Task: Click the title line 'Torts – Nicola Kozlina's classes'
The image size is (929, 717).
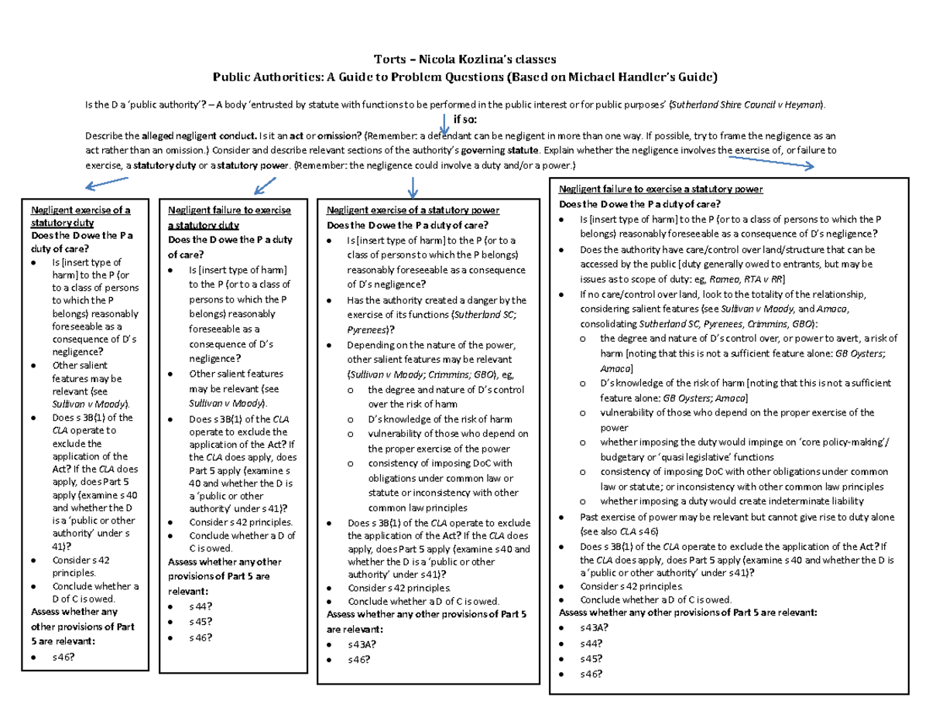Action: [x=464, y=59]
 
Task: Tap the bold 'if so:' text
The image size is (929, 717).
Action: [x=466, y=118]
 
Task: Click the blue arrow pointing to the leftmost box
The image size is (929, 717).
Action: [x=106, y=183]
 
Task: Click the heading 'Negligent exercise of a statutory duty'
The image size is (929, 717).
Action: [x=79, y=217]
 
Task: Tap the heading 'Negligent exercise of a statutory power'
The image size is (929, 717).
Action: [x=413, y=210]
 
